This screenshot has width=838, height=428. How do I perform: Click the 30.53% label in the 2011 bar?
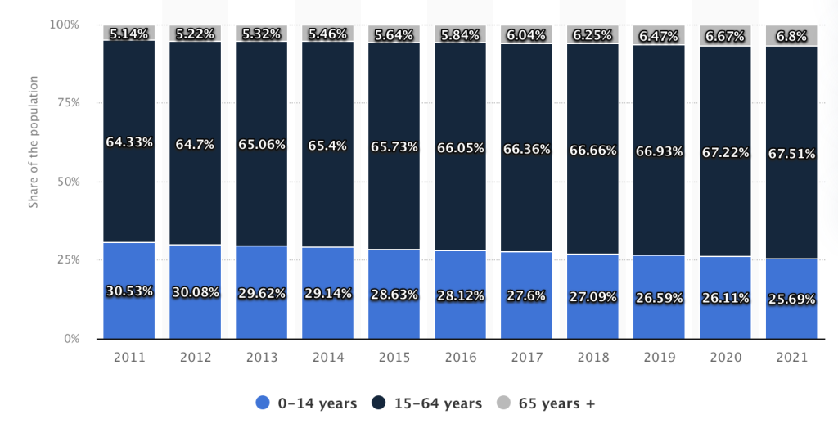coord(129,291)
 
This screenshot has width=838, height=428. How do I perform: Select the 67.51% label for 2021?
coord(791,154)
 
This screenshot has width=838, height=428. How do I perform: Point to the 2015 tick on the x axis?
coord(394,358)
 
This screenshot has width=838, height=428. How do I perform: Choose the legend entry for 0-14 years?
coord(306,403)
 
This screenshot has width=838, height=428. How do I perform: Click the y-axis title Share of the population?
coord(34,142)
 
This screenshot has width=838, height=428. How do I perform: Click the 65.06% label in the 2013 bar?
coord(262,145)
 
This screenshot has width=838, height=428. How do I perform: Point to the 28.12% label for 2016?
coord(460,294)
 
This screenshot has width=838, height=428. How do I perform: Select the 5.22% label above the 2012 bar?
coord(196,34)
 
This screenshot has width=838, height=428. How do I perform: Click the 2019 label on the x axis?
coord(659,358)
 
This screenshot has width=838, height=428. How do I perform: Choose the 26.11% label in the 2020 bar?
coord(725,299)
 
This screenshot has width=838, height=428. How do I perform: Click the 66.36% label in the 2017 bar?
coord(526,148)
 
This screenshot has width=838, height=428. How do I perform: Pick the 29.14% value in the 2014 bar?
coord(328,292)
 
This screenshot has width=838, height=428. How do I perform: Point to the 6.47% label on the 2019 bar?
coord(659,37)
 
